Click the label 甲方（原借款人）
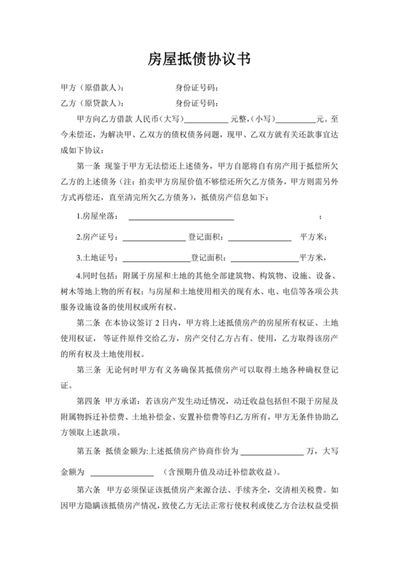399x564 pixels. pyautogui.click(x=94, y=88)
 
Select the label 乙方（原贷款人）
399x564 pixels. pyautogui.click(x=94, y=103)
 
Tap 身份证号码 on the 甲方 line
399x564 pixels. pyautogui.click(x=196, y=88)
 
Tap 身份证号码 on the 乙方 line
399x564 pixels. pyautogui.click(x=196, y=103)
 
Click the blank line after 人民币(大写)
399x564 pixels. pyautogui.click(x=207, y=120)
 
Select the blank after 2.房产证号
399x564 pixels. pyautogui.click(x=155, y=237)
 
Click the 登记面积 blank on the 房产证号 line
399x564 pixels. pyautogui.click(x=260, y=237)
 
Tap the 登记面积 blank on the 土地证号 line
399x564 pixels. pyautogui.click(x=264, y=258)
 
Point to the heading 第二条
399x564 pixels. pyautogui.click(x=87, y=323)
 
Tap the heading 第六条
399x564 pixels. pyautogui.click(x=87, y=492)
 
